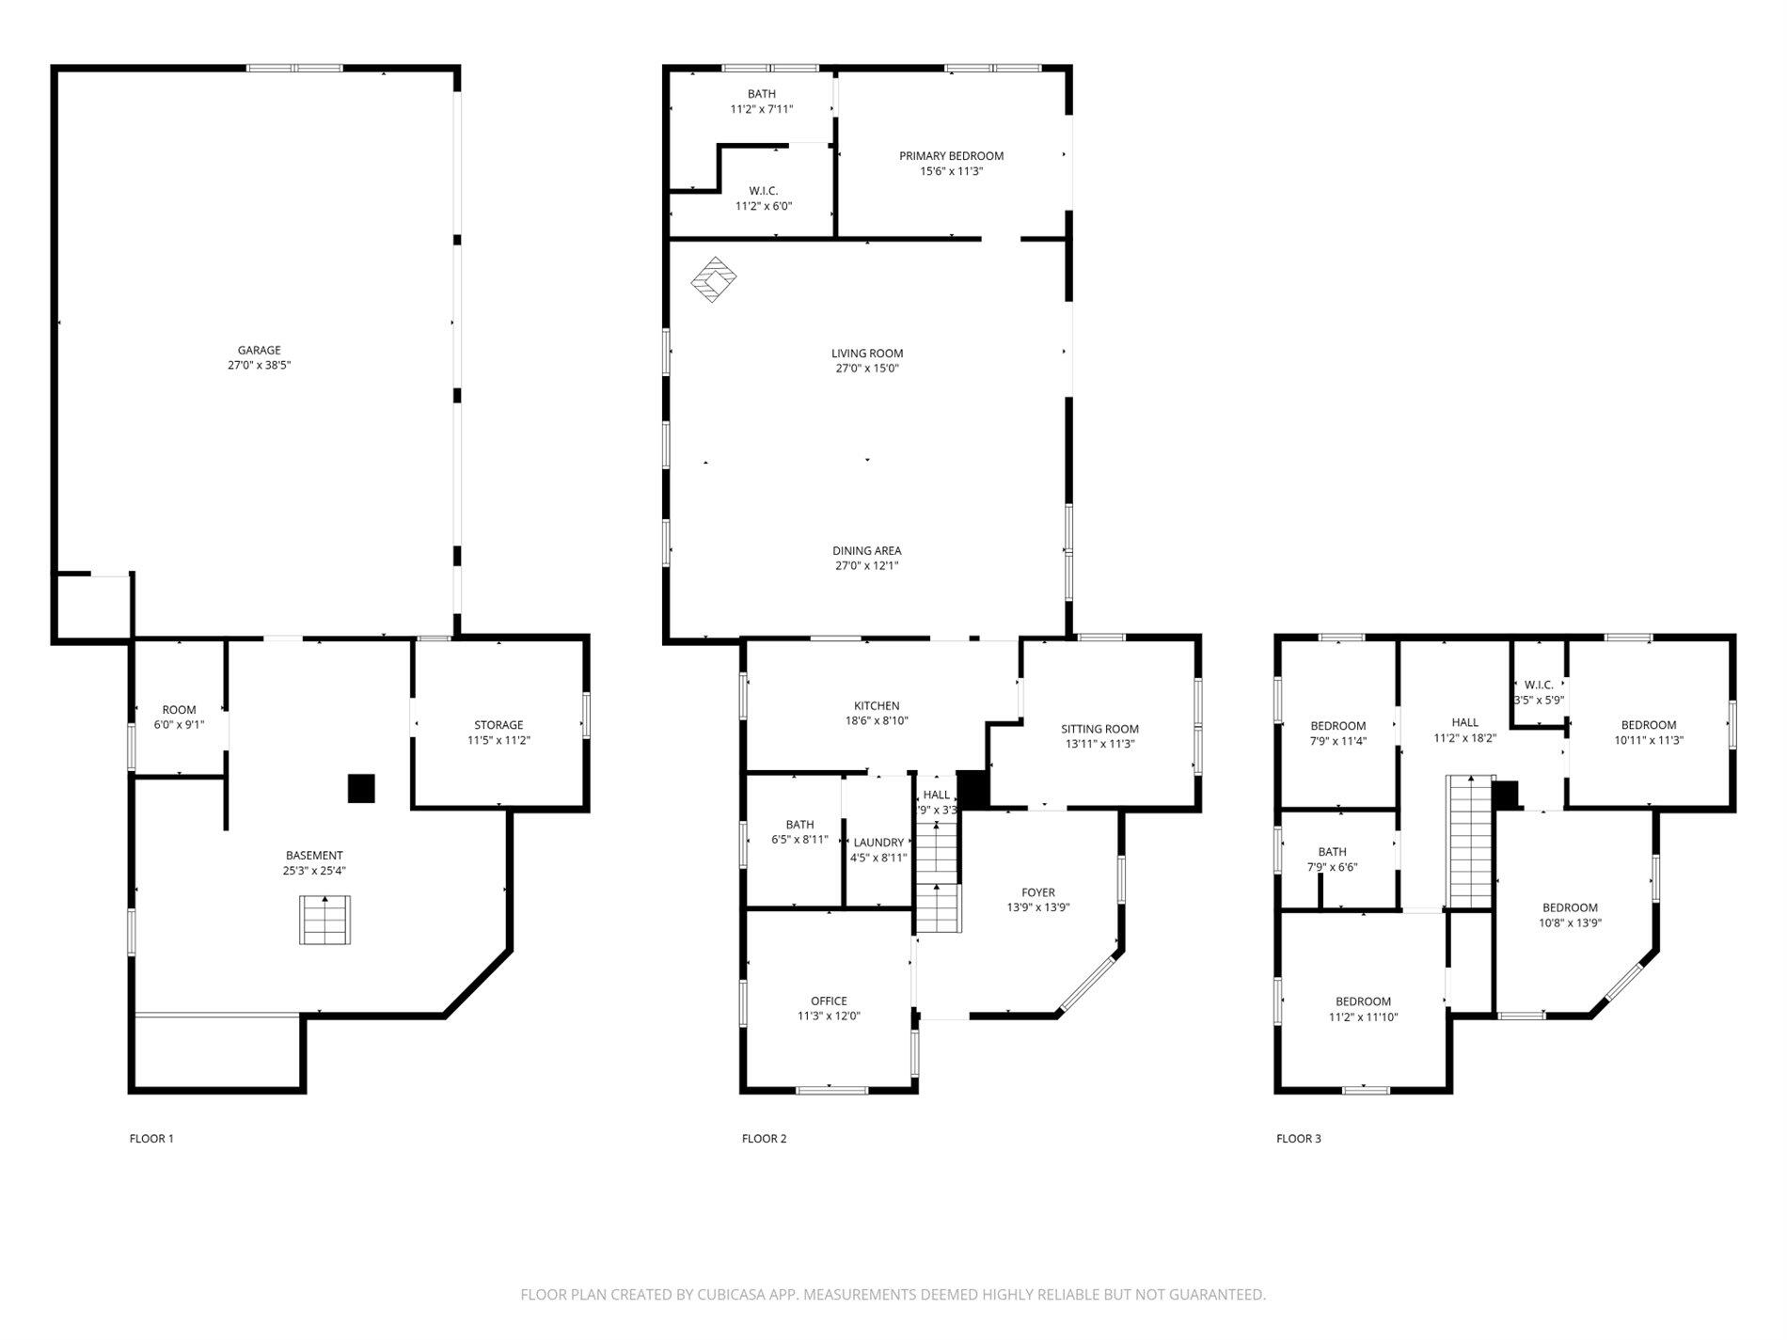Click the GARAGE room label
(259, 351)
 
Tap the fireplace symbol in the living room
(714, 279)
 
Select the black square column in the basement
(361, 788)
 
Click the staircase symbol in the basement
(325, 921)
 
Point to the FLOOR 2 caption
(764, 1139)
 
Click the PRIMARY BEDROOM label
(951, 156)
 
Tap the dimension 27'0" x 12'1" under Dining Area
(866, 566)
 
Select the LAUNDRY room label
(878, 843)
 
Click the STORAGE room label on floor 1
(498, 725)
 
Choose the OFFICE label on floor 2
(829, 1001)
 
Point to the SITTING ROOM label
(1099, 729)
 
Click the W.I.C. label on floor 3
(1539, 685)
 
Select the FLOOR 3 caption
(1298, 1139)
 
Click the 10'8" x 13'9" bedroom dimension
(1570, 923)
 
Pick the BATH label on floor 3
(1332, 852)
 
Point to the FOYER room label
(1038, 892)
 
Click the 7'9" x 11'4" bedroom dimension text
(1338, 741)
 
